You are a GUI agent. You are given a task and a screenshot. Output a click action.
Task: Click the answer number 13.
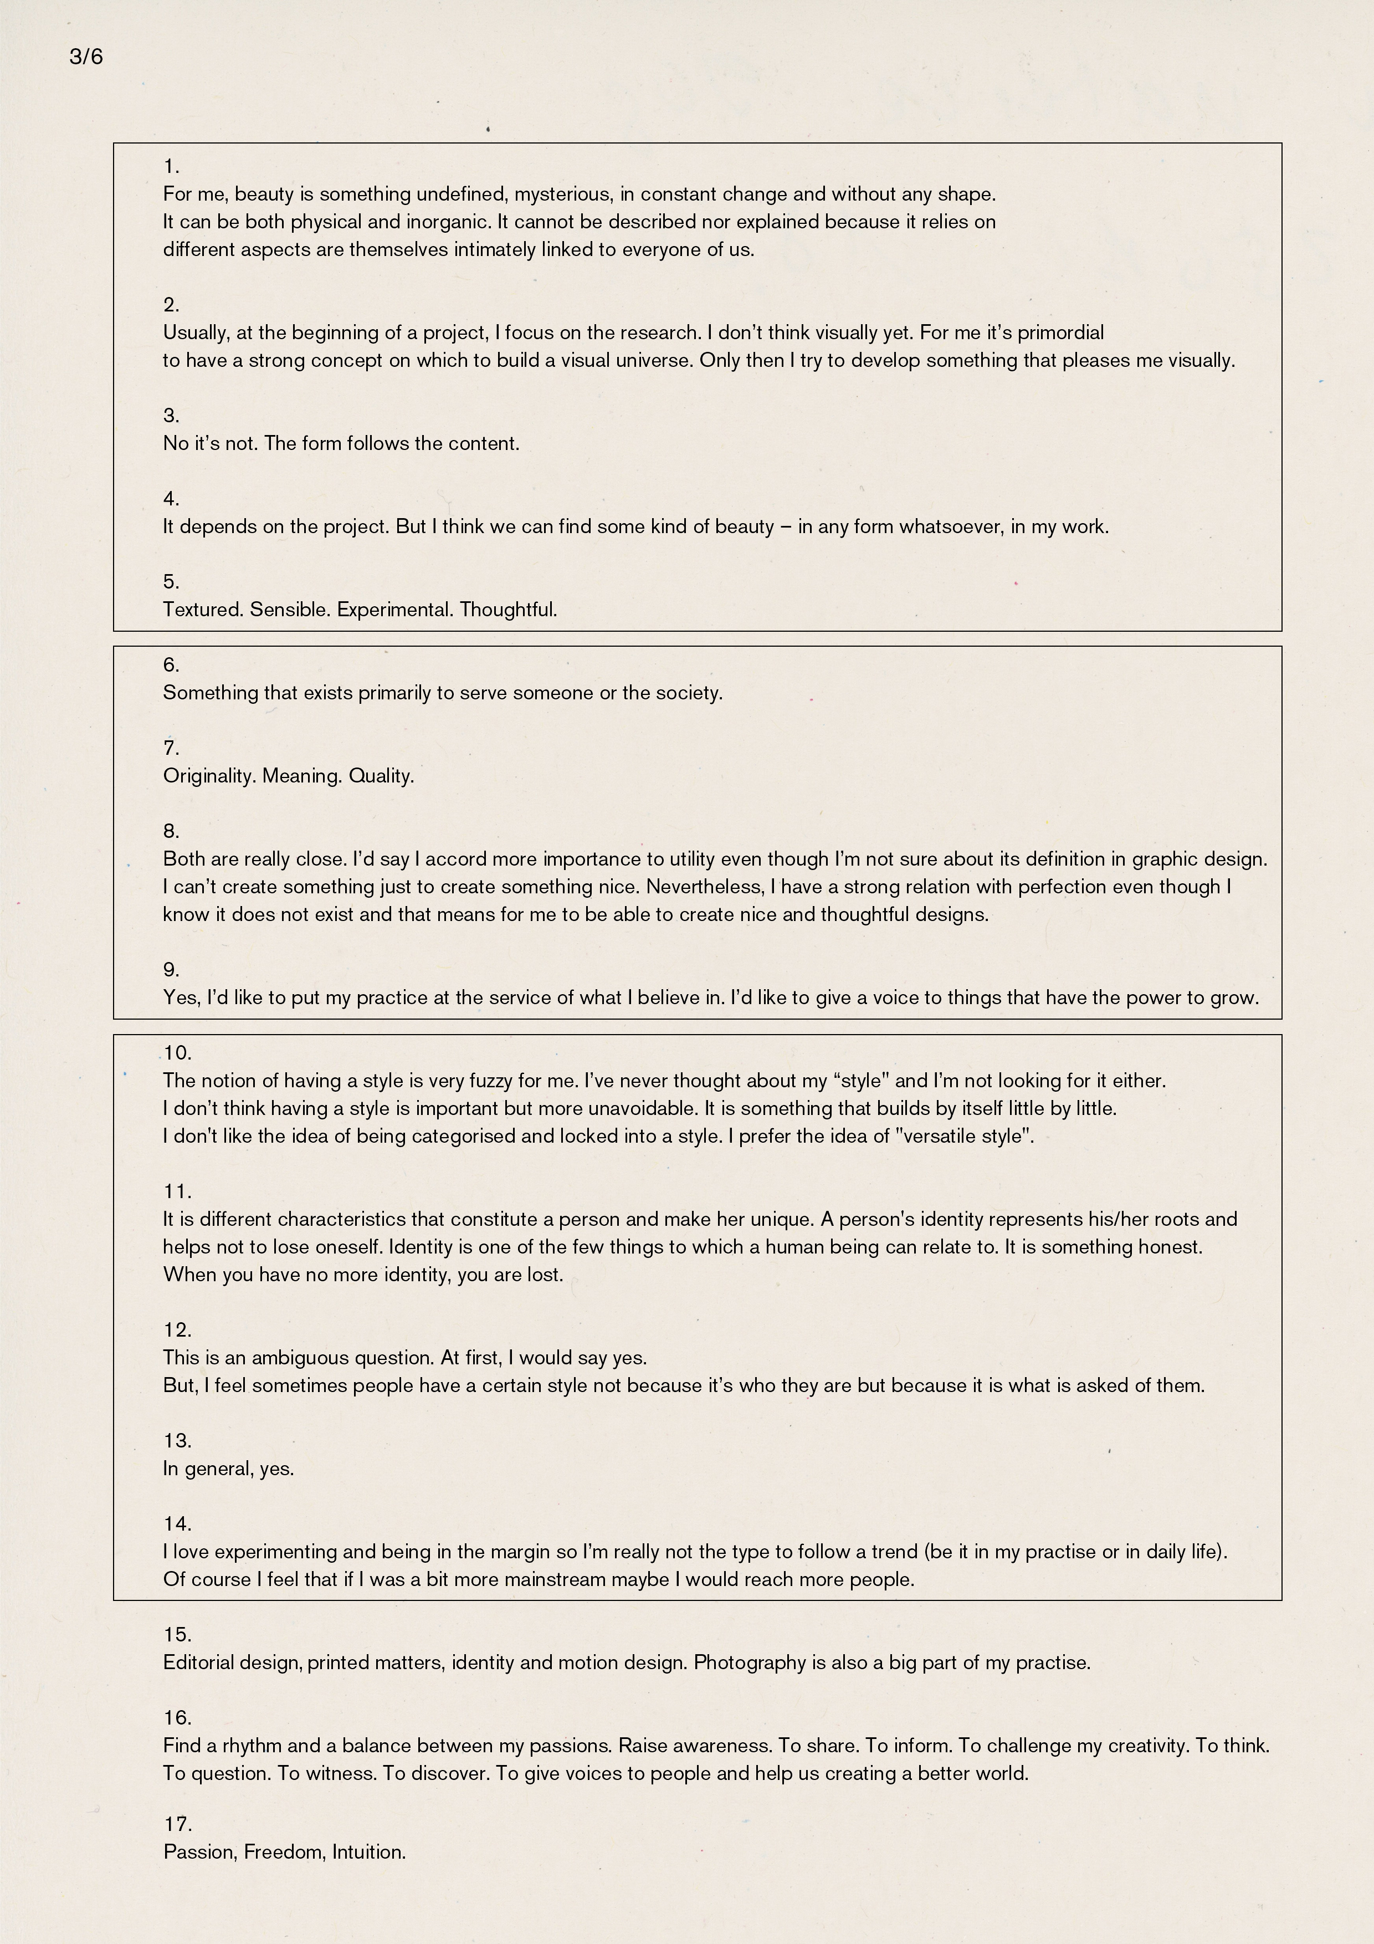(177, 1440)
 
